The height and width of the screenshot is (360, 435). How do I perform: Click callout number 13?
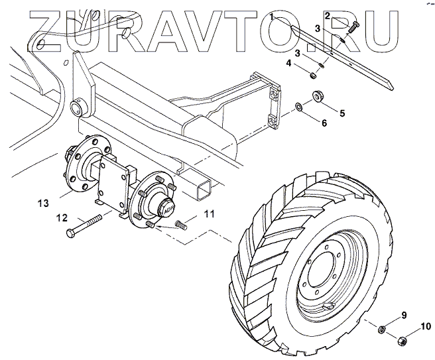(x=43, y=203)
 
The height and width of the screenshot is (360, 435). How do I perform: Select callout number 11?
(x=208, y=213)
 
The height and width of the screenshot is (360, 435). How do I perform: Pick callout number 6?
(x=324, y=123)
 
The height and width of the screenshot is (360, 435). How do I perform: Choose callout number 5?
(x=342, y=113)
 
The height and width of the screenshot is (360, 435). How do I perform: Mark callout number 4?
(x=288, y=63)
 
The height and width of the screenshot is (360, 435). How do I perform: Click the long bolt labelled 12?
(x=86, y=225)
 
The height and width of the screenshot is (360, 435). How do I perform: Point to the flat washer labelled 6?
(x=299, y=106)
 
